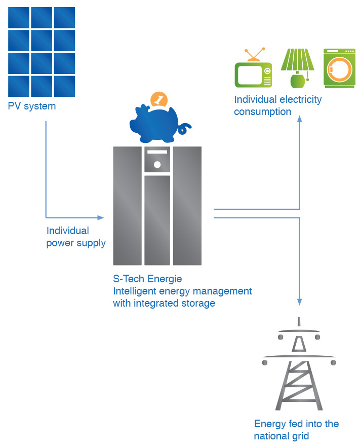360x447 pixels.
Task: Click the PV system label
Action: pyautogui.click(x=32, y=106)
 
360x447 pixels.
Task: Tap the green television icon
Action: pyautogui.click(x=253, y=74)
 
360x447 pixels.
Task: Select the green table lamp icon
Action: pyautogui.click(x=297, y=67)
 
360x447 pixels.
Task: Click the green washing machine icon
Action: pyautogui.click(x=339, y=68)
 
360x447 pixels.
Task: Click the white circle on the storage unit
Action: pyautogui.click(x=157, y=165)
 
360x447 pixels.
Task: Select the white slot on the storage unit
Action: pyautogui.click(x=157, y=152)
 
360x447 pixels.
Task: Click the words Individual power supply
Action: pyautogui.click(x=76, y=237)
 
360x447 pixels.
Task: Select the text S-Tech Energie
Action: pyautogui.click(x=147, y=279)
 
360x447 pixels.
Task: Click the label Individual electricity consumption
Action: pyautogui.click(x=277, y=105)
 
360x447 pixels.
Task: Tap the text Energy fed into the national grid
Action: pyautogui.click(x=296, y=430)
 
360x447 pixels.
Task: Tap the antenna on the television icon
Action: pyautogui.click(x=254, y=54)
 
